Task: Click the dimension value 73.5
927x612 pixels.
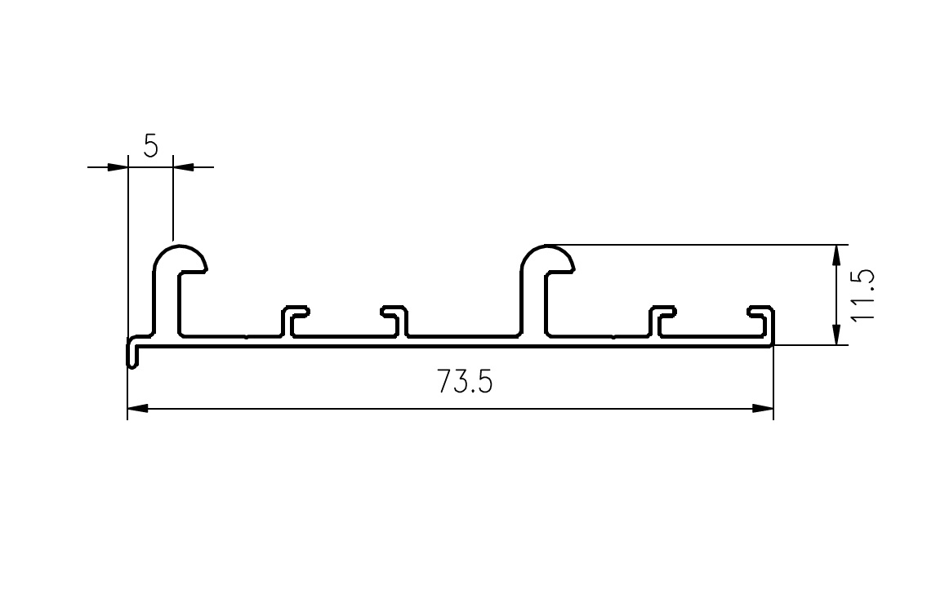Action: point(465,382)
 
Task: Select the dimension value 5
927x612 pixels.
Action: point(151,146)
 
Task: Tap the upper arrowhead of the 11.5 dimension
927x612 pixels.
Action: point(836,255)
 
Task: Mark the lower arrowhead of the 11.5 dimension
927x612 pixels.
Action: point(836,334)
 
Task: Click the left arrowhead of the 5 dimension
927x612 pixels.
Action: point(118,167)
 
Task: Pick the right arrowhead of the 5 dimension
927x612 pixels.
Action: point(184,167)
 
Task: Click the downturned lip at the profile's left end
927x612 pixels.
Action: point(131,353)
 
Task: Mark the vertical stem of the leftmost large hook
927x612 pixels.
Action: point(167,302)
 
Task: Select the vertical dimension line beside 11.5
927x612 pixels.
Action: point(836,295)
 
